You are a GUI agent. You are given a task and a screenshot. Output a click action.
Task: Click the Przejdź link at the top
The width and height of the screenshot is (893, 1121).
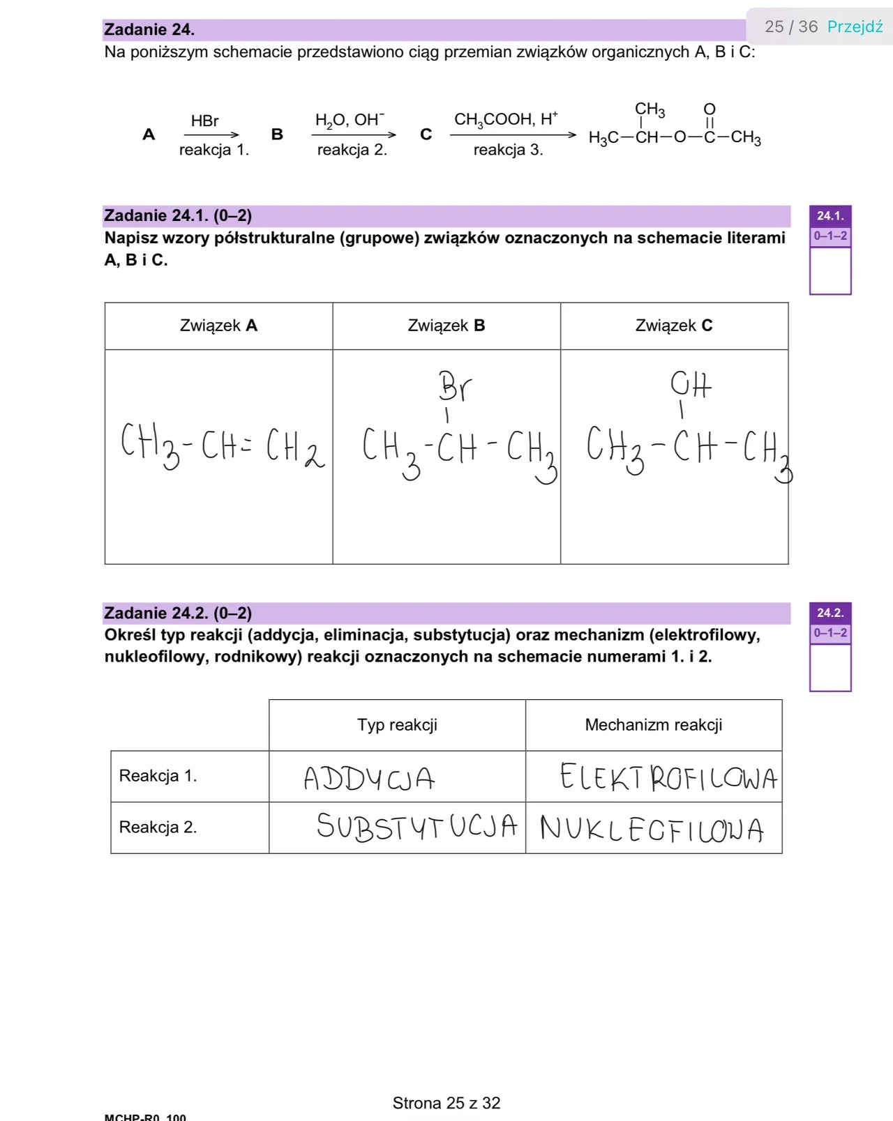click(x=855, y=26)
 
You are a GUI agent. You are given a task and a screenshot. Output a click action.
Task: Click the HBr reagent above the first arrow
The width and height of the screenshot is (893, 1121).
click(x=205, y=121)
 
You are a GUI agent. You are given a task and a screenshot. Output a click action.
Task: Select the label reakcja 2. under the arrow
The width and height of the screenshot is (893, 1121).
click(x=352, y=150)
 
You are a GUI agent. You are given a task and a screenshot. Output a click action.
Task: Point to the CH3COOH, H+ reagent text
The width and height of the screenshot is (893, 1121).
click(x=505, y=119)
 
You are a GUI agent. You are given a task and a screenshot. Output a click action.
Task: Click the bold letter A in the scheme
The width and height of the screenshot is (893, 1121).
click(x=149, y=135)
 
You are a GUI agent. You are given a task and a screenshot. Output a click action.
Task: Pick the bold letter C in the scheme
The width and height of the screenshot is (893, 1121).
click(x=426, y=135)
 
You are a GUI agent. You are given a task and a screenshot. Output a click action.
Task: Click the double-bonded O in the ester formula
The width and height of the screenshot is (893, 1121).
click(x=710, y=109)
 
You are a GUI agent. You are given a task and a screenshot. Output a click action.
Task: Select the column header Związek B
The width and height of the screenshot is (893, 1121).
click(x=446, y=326)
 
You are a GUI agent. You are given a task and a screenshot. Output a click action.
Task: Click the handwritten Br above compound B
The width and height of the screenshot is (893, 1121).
click(x=455, y=386)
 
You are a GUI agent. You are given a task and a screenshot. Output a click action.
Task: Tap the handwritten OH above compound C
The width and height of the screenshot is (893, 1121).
click(x=690, y=384)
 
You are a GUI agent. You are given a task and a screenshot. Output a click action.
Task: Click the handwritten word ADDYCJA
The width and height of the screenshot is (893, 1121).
click(x=369, y=778)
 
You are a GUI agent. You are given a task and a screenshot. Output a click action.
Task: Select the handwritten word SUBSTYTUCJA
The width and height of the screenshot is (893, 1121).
click(x=417, y=827)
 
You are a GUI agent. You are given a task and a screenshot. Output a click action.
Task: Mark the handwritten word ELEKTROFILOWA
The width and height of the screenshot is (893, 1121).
click(x=668, y=777)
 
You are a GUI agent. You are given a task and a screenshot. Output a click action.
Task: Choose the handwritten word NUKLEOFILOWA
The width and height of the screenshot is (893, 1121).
click(x=652, y=829)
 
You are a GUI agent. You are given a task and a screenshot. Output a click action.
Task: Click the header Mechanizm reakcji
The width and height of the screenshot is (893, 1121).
click(x=653, y=725)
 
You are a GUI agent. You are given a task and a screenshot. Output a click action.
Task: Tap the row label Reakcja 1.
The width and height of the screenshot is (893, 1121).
click(x=158, y=776)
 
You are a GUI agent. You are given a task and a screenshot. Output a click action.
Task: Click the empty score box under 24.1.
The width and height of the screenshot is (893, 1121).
click(x=830, y=271)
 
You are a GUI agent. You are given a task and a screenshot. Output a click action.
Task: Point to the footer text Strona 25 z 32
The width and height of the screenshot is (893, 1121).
click(x=446, y=1103)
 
